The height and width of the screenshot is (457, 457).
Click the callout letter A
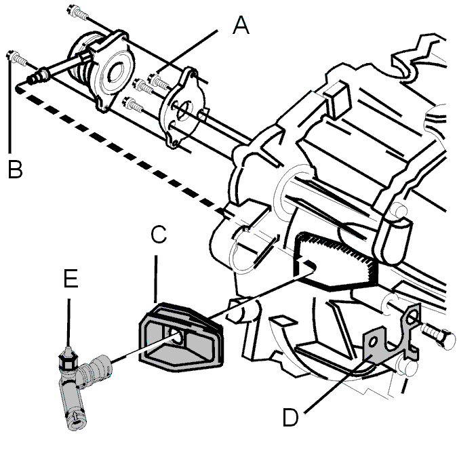(241, 25)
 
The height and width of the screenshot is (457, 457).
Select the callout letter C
(159, 234)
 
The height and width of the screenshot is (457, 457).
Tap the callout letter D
(291, 417)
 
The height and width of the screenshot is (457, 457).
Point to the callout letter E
(71, 279)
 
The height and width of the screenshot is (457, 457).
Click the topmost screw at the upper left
(77, 12)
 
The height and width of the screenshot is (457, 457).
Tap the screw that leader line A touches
(159, 81)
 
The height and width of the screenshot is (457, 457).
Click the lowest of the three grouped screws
(133, 104)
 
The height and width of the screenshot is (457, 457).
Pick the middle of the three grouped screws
(143, 86)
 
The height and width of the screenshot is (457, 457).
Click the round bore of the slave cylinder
(116, 72)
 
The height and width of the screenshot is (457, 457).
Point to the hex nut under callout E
(68, 361)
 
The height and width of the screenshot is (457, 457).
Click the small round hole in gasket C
(176, 334)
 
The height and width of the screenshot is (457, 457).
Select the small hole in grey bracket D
(372, 342)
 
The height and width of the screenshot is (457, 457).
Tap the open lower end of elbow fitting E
(77, 422)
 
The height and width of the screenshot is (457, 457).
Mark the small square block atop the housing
(336, 99)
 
